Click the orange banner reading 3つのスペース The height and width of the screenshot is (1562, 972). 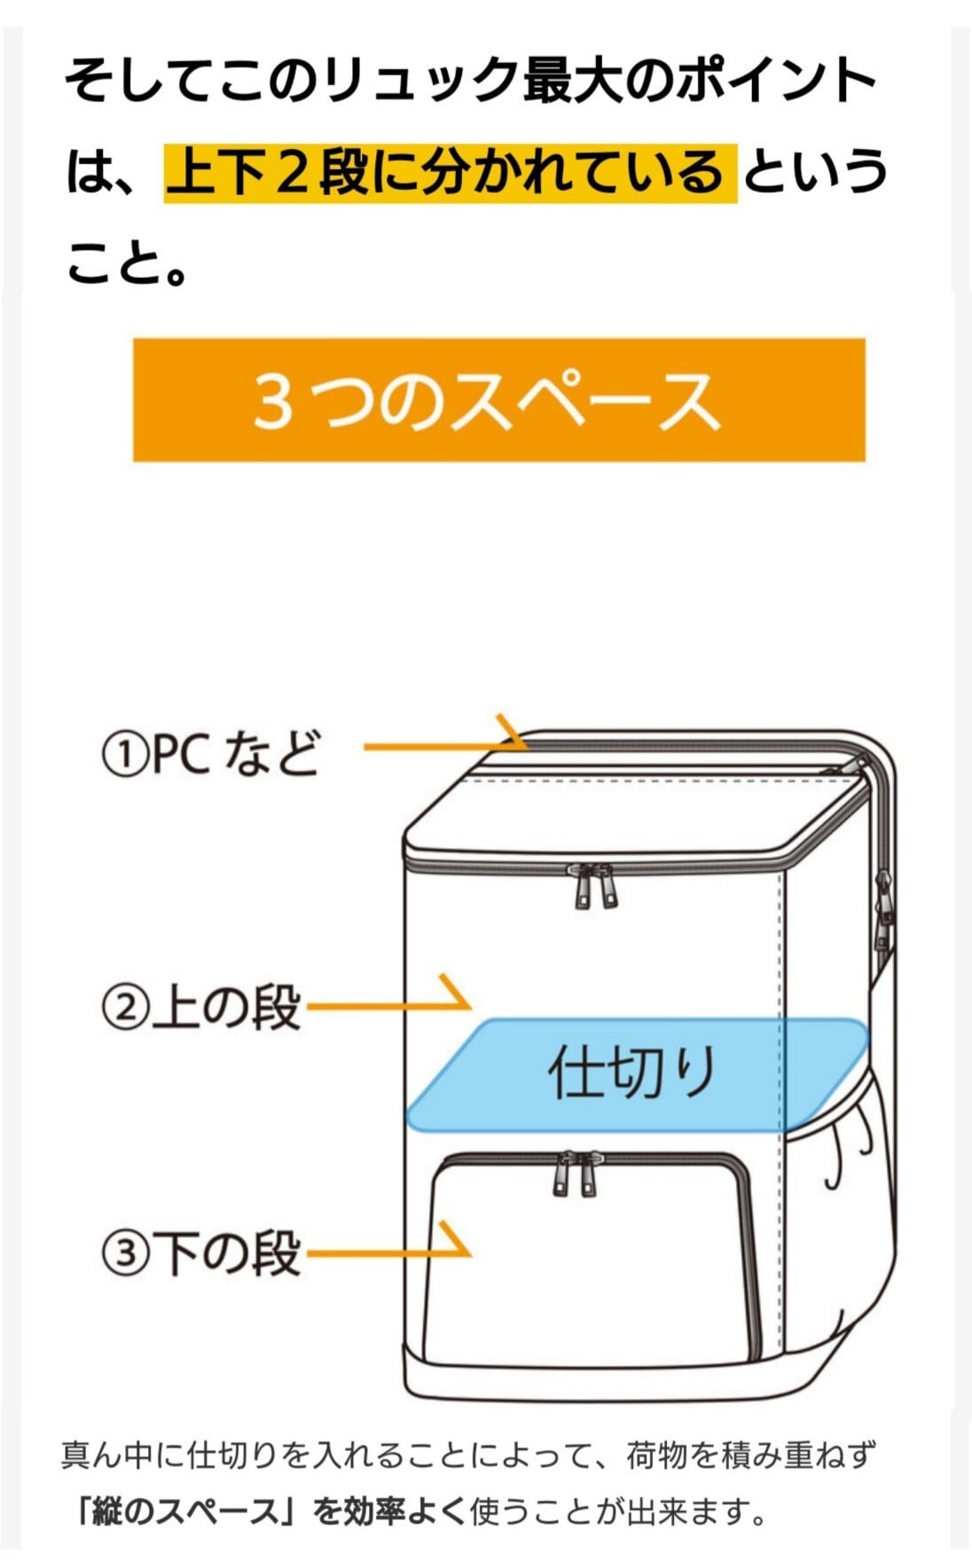[498, 399]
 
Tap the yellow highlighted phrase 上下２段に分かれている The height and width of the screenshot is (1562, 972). [450, 172]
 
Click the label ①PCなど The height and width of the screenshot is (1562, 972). [210, 755]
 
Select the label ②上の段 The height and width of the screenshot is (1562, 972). [202, 1008]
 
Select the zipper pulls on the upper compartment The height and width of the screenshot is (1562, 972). [594, 887]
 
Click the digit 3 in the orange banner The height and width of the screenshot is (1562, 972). [273, 401]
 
